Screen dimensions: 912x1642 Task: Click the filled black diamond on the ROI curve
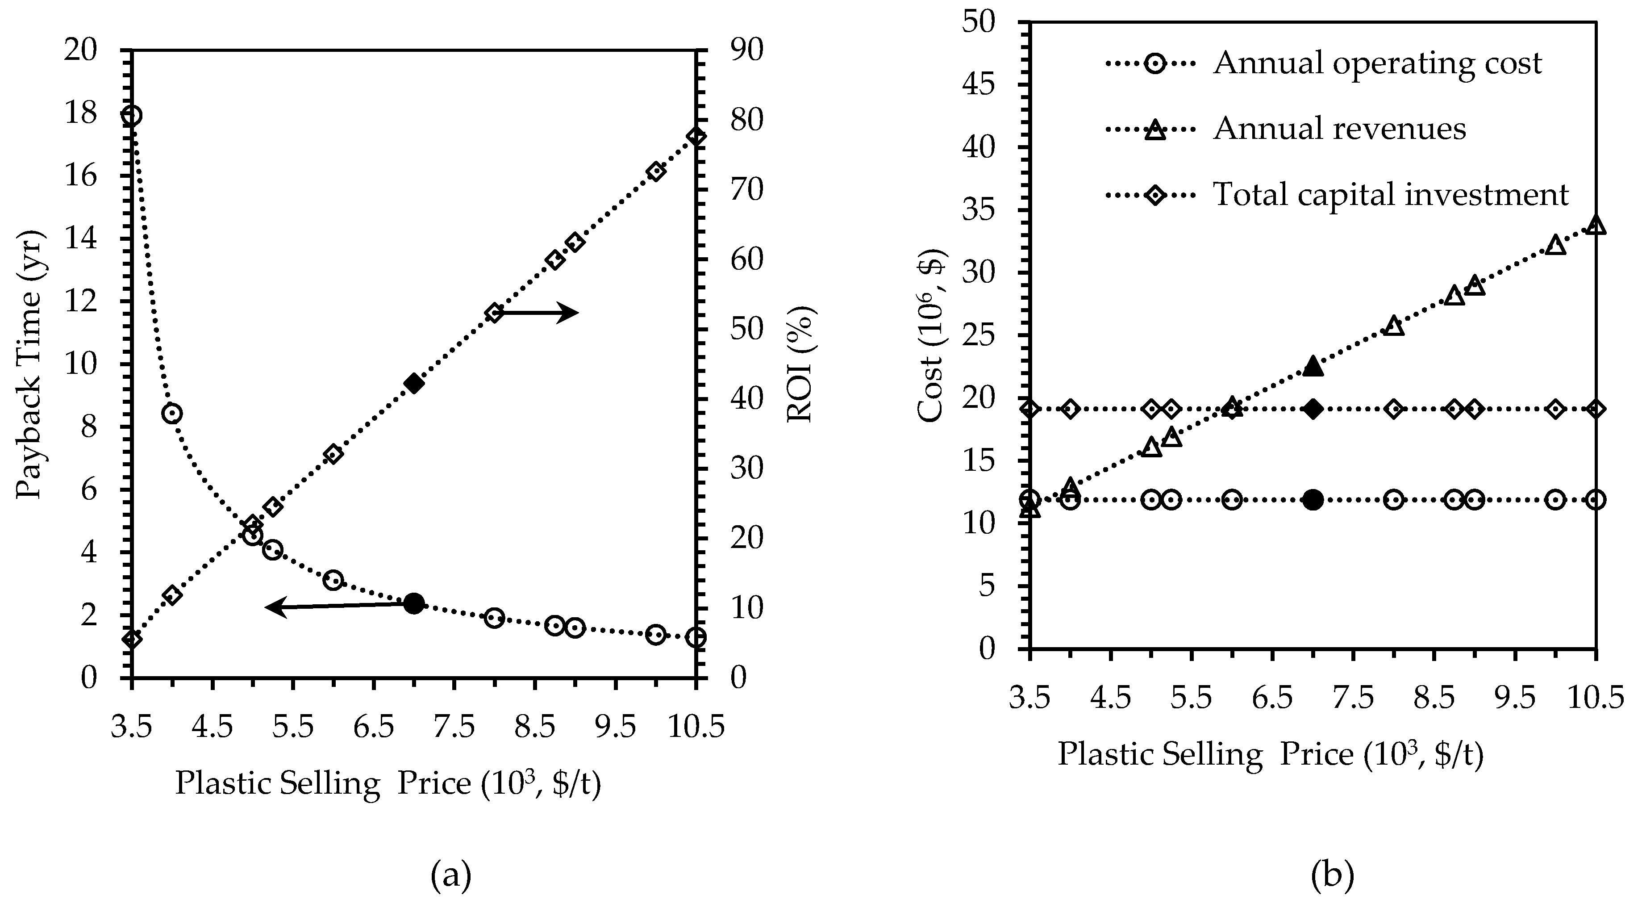tap(414, 383)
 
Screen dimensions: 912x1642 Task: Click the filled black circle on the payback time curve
tap(414, 602)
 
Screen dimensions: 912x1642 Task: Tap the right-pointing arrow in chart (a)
tap(538, 313)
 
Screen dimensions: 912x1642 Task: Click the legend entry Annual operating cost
tap(1377, 63)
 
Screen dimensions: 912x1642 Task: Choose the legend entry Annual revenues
tap(1338, 128)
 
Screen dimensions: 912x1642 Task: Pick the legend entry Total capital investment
tap(1390, 194)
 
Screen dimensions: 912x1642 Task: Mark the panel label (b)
tap(1332, 875)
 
